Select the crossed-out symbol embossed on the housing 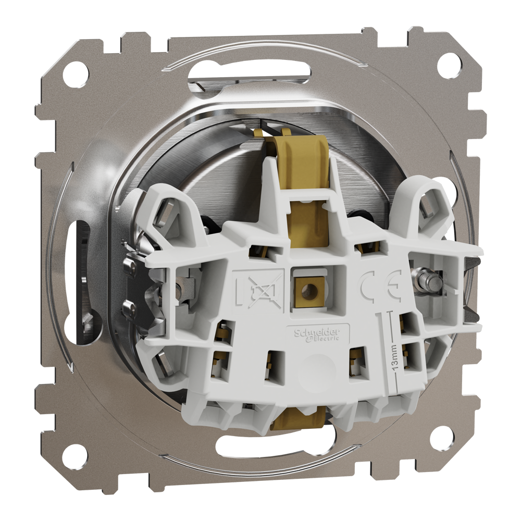point(258,290)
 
